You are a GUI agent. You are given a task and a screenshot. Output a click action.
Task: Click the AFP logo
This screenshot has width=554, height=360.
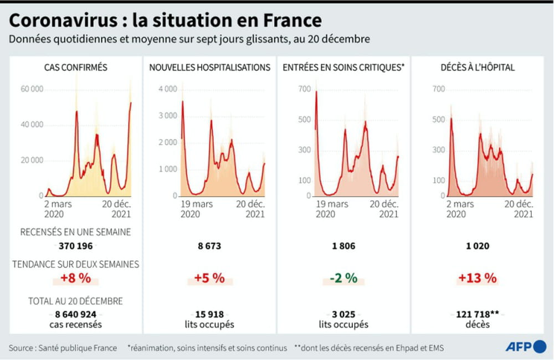coord(526,347)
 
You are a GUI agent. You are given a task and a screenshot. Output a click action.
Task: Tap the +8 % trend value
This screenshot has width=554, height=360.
coord(76,278)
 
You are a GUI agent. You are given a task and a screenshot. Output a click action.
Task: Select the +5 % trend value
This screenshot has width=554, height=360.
coord(209,278)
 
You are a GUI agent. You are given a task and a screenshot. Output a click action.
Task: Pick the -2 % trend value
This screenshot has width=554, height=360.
coord(343,278)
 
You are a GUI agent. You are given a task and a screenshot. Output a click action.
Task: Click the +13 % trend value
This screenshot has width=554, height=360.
coord(477,278)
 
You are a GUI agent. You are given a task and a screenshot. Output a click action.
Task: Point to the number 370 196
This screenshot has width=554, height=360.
coord(76,246)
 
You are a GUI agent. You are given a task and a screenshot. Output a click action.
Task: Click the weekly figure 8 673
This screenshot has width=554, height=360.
coord(209,246)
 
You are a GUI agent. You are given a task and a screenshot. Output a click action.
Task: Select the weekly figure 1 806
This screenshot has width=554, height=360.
coord(343,246)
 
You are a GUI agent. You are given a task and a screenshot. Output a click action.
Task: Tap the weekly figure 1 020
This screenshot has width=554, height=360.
coord(477,246)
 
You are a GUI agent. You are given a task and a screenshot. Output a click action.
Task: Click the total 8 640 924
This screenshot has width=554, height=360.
coord(76,315)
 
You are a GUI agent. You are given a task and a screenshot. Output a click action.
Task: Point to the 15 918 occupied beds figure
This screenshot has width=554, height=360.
coord(209,315)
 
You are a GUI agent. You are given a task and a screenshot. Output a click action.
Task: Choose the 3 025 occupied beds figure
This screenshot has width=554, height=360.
coord(343,315)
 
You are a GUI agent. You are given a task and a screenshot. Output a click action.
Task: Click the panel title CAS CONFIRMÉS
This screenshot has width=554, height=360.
coord(76,68)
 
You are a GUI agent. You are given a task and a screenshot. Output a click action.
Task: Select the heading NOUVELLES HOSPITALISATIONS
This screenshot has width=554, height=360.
coord(209,68)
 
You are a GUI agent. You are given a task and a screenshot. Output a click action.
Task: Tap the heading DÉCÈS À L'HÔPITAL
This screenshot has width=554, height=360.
coord(477,68)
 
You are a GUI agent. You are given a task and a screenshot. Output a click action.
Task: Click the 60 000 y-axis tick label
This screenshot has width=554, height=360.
coord(32,89)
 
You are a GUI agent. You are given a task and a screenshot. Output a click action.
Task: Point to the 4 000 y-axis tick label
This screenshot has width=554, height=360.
coord(167,89)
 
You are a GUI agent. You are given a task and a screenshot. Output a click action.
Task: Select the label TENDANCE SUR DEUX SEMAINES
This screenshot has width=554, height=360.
coord(76,264)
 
